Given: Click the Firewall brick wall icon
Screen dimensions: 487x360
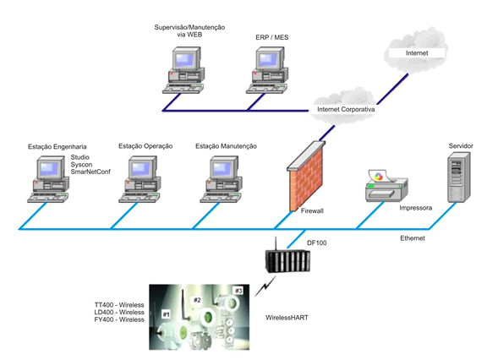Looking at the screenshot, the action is [306, 176].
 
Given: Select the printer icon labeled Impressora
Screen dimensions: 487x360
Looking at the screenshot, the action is [386, 185].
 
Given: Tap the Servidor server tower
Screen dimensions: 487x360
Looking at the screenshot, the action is [459, 177].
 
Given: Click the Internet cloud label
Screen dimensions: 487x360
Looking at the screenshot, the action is [417, 53].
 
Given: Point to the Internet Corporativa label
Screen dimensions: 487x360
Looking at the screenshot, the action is [346, 109].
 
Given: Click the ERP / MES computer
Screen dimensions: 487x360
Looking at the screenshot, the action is [267, 70].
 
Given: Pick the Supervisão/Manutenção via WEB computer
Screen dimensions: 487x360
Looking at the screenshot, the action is [183, 70].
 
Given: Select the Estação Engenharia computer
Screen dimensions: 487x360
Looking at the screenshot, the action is [48, 179].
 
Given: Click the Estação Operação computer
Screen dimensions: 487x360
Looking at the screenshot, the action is [140, 179].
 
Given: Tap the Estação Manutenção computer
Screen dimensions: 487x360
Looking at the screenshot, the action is [221, 179].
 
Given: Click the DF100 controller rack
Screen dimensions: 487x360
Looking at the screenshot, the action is [287, 260].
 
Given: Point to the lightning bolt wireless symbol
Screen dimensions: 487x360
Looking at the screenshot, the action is [265, 286].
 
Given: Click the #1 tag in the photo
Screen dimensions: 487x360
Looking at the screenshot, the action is [167, 314].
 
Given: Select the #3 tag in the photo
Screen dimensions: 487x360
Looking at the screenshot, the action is [238, 291].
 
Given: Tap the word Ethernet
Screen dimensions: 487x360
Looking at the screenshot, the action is [412, 238].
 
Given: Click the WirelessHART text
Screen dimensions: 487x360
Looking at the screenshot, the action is [287, 318].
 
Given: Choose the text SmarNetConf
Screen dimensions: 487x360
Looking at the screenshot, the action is [90, 172].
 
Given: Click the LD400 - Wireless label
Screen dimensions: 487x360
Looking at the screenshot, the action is [119, 312].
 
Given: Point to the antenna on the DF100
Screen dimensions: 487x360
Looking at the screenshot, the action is [275, 244].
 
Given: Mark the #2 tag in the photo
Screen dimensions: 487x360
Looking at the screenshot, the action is [197, 300].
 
